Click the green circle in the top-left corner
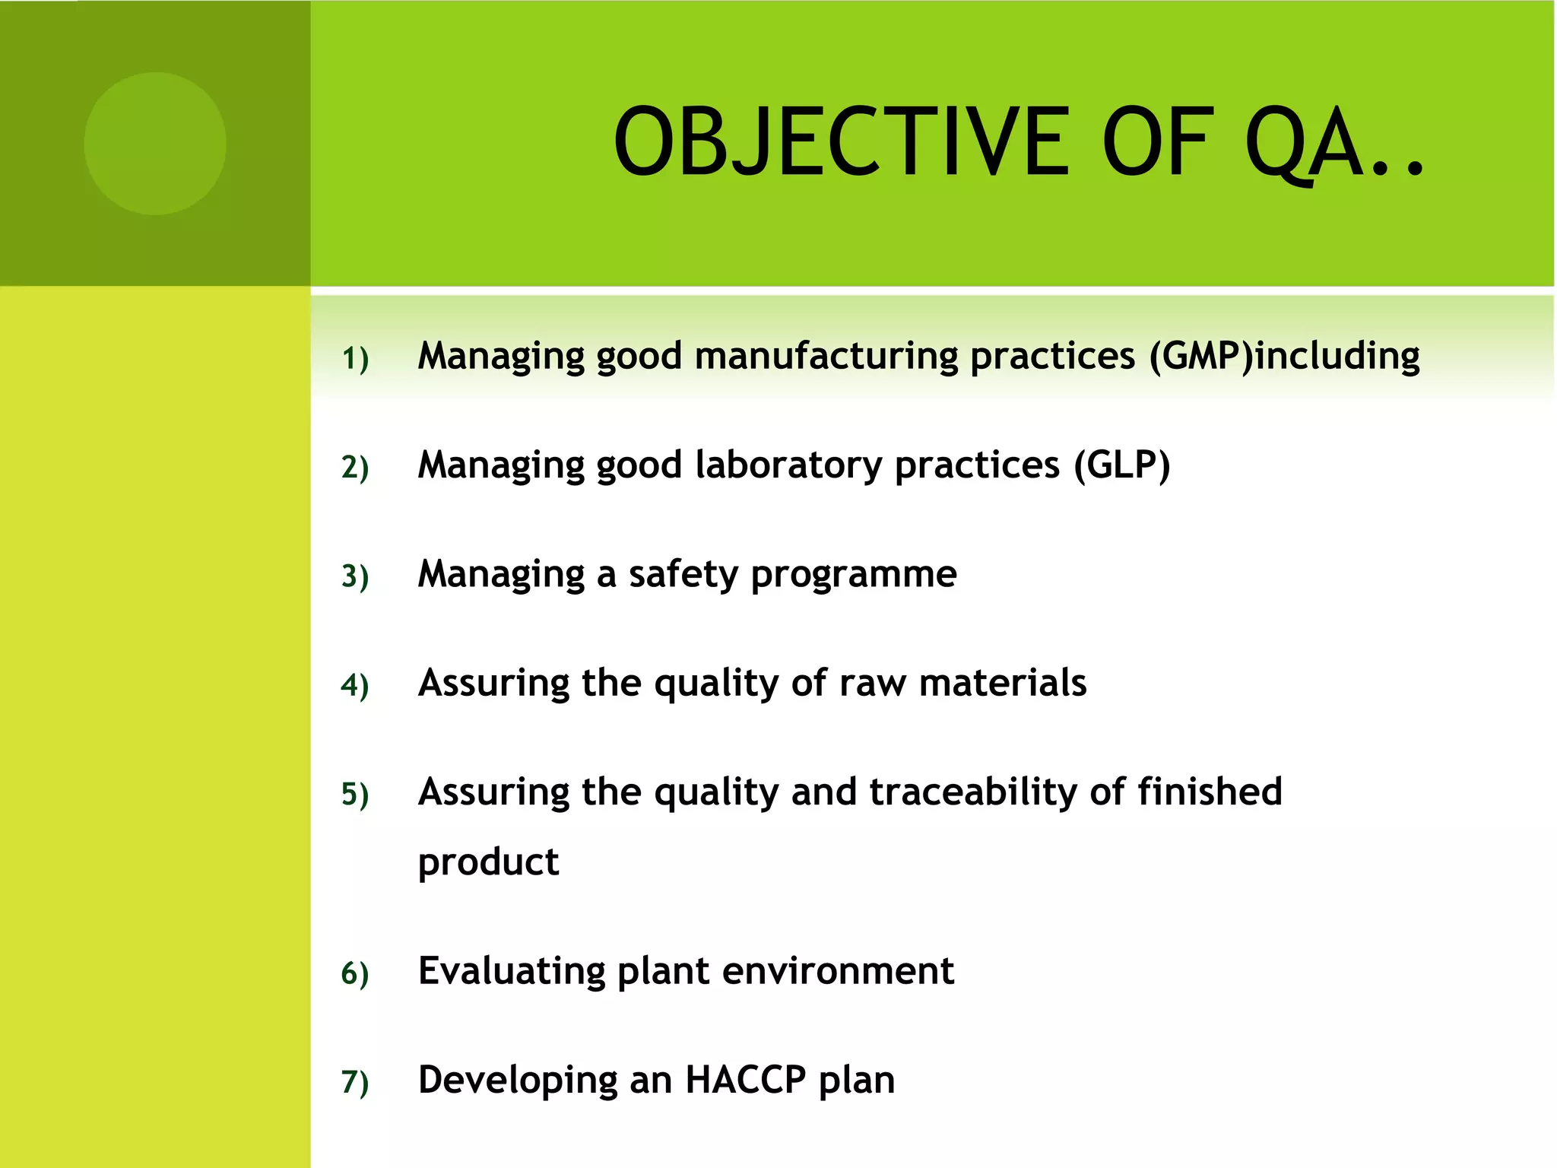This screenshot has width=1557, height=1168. click(x=155, y=144)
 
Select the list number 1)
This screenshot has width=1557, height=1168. click(x=355, y=358)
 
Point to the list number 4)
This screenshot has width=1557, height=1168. click(x=355, y=685)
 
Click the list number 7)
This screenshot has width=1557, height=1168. click(x=355, y=1082)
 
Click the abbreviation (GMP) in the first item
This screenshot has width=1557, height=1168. click(x=1200, y=356)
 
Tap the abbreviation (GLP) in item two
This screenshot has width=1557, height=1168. click(x=1121, y=465)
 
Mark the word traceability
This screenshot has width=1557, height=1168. click(x=973, y=792)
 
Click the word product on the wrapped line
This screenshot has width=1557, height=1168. click(x=488, y=862)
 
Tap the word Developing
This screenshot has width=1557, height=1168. click(x=518, y=1081)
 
